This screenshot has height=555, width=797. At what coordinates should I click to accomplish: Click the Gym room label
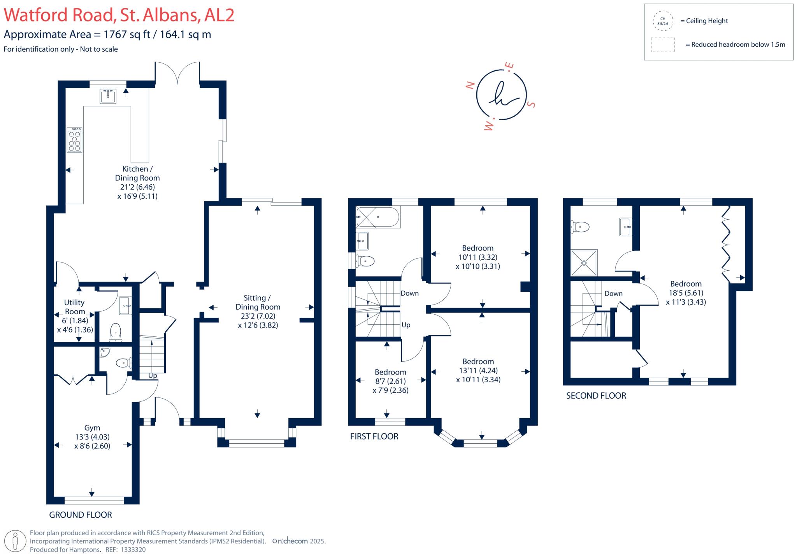click(92, 428)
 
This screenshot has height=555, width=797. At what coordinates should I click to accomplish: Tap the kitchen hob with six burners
click(74, 140)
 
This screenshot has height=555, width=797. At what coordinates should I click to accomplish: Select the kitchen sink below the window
click(108, 96)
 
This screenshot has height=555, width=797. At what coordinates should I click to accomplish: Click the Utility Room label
click(74, 307)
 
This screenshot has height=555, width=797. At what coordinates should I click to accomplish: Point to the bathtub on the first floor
click(378, 217)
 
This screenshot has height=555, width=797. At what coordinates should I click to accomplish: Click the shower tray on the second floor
click(584, 263)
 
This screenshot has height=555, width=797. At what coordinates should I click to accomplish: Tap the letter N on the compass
click(470, 85)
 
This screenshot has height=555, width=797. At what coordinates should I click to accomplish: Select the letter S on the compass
click(531, 104)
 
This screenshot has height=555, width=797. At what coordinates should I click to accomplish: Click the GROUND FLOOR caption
click(80, 515)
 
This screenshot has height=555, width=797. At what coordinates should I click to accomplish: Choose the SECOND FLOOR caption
click(596, 396)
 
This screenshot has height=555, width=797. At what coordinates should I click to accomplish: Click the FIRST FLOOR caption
click(374, 436)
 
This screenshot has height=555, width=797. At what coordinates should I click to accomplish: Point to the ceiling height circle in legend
click(663, 21)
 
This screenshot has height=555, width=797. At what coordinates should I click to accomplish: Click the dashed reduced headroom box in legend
click(663, 45)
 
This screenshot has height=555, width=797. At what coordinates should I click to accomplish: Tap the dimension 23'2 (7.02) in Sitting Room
click(258, 316)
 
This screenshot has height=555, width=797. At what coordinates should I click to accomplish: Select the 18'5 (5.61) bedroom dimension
click(686, 293)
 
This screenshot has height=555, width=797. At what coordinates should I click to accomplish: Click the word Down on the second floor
click(613, 294)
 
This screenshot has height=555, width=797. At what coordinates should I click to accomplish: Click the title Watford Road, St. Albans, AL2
click(119, 16)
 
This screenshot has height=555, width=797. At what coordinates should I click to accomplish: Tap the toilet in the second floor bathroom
click(580, 227)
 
